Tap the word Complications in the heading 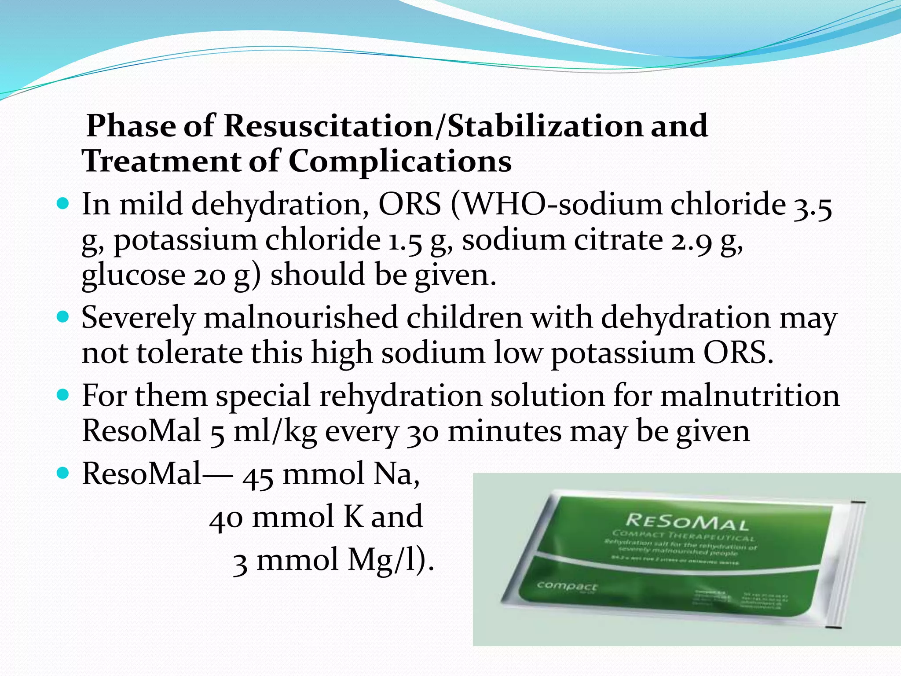[400, 161]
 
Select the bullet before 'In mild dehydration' [63, 205]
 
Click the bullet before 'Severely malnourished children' [63, 317]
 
